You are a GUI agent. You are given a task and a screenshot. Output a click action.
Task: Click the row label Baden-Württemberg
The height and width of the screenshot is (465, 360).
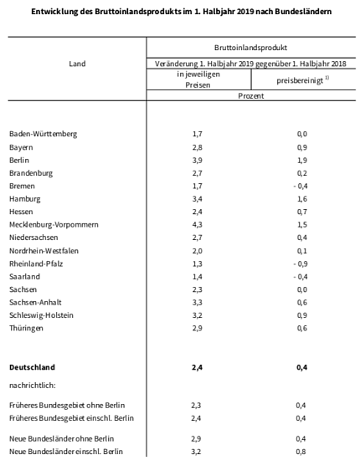point(44,134)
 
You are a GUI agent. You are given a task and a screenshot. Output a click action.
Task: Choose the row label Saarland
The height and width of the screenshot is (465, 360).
point(24,276)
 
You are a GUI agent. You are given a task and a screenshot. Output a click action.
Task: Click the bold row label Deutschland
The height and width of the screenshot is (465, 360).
point(33,366)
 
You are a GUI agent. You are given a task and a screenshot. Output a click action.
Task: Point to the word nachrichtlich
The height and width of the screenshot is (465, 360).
point(33,386)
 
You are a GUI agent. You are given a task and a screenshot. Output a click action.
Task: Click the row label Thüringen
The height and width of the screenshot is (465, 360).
point(27,328)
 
